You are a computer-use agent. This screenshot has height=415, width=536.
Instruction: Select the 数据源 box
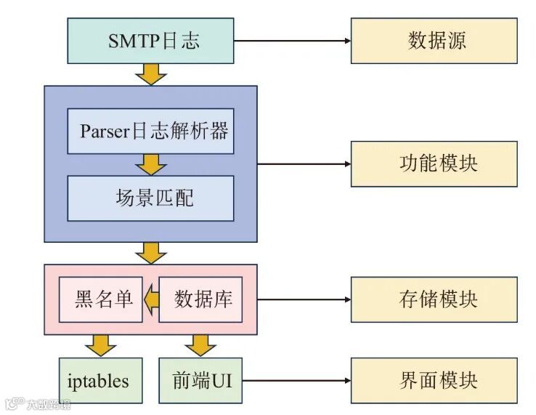434,41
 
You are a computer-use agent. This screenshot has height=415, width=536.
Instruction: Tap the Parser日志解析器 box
151,132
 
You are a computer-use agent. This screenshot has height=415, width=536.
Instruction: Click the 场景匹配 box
151,198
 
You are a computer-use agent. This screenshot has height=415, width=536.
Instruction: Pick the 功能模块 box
434,164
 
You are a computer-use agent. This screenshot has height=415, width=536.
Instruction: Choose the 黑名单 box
104,299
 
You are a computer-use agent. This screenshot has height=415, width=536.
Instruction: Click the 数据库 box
200,299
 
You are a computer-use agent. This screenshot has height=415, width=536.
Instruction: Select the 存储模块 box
434,299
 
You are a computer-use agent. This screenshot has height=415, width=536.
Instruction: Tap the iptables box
99,381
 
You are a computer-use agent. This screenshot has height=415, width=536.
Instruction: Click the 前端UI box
200,381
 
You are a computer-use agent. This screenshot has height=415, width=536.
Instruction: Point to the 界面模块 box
434,381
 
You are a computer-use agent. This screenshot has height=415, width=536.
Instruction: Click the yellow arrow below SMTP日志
151,73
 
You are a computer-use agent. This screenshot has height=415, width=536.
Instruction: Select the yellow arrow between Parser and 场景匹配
151,164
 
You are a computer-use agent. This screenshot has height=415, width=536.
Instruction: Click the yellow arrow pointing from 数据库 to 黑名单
150,299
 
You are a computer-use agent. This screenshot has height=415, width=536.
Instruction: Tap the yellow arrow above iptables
100,345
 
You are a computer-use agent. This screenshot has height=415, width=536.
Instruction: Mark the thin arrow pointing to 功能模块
304,164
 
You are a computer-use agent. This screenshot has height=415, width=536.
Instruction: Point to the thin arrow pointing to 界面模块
296,381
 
